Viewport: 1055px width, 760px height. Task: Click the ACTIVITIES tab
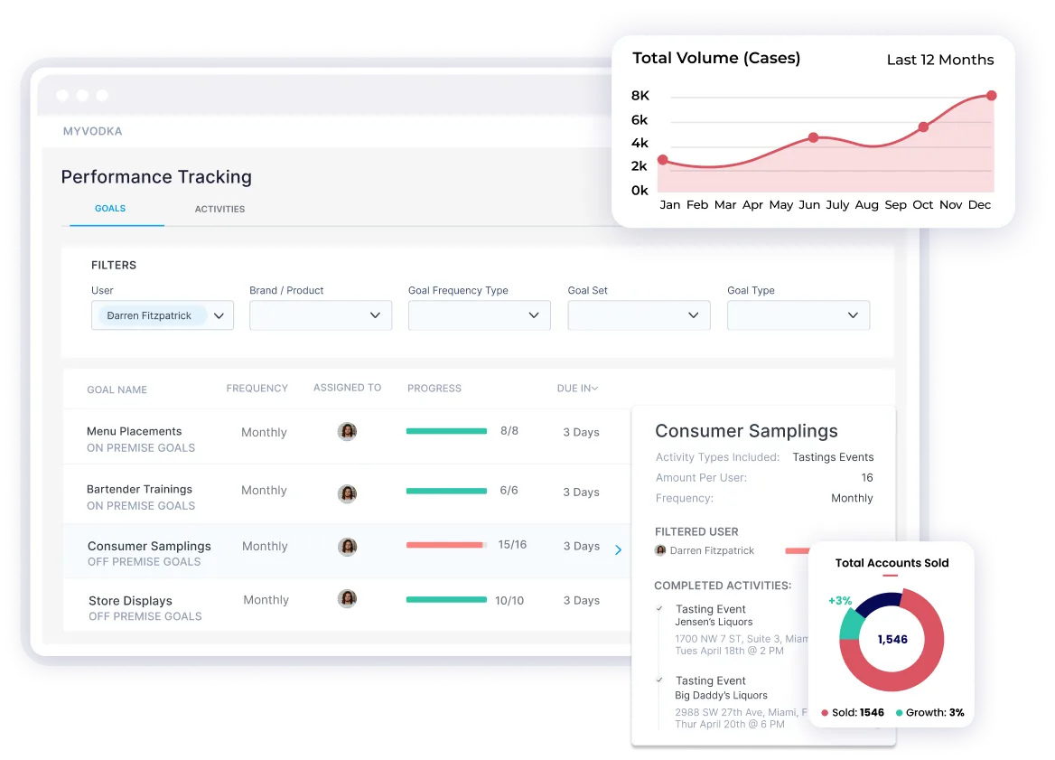coord(219,209)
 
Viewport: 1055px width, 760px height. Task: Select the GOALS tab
coord(110,209)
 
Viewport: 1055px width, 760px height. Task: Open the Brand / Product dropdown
coord(321,315)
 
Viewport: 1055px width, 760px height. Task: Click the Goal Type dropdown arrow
coord(853,315)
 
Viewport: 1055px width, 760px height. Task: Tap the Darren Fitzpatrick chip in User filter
coord(150,315)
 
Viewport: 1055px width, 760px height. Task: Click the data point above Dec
coord(991,96)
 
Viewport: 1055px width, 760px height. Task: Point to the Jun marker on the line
coord(813,137)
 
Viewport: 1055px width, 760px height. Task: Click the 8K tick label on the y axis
coord(640,96)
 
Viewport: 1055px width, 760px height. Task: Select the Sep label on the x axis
coord(895,205)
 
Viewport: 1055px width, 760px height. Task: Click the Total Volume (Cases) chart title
coord(716,59)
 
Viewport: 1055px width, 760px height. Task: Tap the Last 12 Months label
coord(939,61)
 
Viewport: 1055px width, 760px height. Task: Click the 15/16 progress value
coord(512,545)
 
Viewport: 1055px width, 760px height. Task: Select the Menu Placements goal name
coord(134,431)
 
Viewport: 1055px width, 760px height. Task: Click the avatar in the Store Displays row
coord(347,598)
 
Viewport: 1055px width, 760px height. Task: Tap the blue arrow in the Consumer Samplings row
coord(618,549)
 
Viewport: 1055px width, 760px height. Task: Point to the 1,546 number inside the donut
coord(892,639)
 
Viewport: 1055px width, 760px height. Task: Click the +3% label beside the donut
coord(840,601)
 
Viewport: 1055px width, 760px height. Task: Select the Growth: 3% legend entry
coord(929,713)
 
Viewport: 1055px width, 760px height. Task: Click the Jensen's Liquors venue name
coord(714,622)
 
